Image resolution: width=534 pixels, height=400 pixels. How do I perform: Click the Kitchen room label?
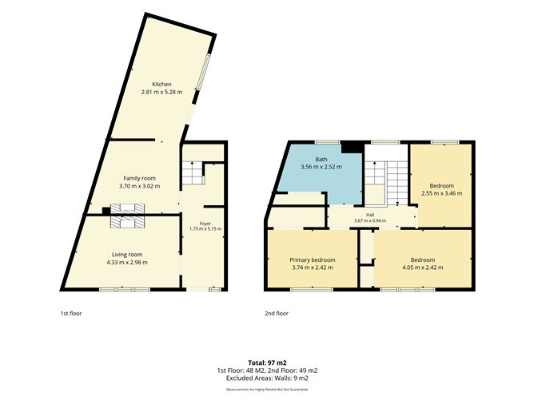point(161,84)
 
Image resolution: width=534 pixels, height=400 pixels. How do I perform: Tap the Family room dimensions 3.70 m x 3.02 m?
point(139,186)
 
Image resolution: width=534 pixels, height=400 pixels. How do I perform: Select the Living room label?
point(127,255)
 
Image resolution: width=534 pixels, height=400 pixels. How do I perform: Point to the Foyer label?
point(205,224)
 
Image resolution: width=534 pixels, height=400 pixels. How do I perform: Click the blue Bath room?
point(320,173)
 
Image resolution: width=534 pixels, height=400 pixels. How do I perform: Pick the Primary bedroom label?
point(313,259)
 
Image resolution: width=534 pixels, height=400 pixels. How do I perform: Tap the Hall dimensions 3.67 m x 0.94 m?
point(370,220)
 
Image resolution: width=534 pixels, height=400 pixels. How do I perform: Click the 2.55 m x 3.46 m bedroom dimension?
point(442,193)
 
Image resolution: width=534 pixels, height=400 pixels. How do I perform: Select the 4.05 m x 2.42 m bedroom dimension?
point(423,267)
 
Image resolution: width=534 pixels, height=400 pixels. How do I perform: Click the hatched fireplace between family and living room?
point(127,216)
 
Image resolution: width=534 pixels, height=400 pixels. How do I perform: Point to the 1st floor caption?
point(71,313)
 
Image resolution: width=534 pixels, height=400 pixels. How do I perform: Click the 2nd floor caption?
point(277,313)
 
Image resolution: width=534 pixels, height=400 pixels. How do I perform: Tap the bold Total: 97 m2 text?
point(267,362)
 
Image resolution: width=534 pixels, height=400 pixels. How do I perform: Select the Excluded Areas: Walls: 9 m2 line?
point(267,378)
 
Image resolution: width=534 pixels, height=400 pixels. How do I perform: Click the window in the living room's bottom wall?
point(125,290)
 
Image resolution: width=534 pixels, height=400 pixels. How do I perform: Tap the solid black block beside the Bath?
point(353,147)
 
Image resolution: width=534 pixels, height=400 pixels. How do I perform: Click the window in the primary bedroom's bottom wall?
point(311,290)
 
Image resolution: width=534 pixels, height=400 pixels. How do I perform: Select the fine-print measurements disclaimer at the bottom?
point(267,389)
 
